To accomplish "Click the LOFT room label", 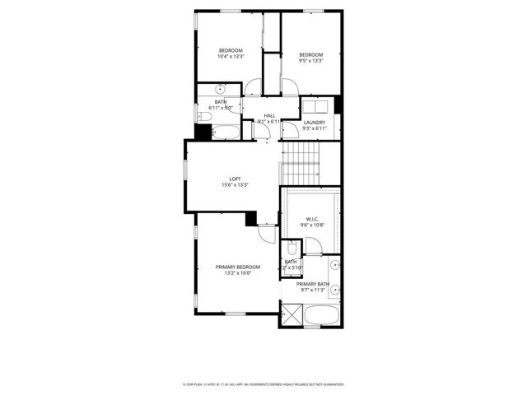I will (x=235, y=179).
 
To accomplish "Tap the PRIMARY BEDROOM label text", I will (x=237, y=267).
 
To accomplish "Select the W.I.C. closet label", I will (x=312, y=219).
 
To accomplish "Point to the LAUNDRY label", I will (x=315, y=123).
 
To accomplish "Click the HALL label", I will (x=269, y=115).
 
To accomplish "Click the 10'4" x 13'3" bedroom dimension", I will (x=231, y=57).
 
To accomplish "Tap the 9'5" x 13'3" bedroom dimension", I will (x=310, y=60).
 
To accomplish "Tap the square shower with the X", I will (x=291, y=314).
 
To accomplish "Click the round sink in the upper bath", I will (x=221, y=88).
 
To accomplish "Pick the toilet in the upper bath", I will (x=203, y=115).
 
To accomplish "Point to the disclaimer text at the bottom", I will (x=263, y=384).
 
